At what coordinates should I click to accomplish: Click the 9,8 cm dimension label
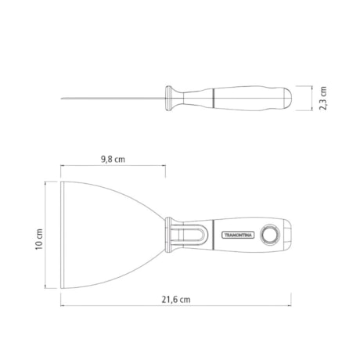113,158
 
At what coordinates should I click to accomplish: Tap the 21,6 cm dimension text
175,299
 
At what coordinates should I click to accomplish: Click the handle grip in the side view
250,98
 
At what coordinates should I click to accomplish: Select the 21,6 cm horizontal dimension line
175,307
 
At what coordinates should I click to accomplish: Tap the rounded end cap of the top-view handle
288,233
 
